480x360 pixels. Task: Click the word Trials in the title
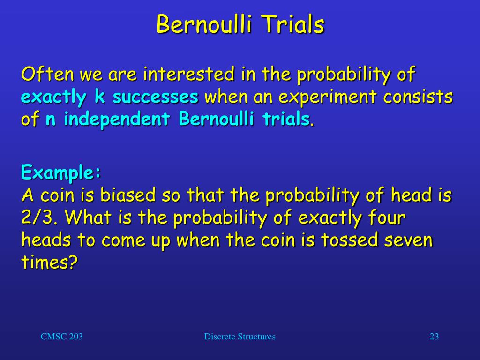[293, 24]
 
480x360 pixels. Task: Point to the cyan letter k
[99, 96]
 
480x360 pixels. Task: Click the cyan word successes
[156, 97]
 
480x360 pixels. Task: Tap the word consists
[418, 96]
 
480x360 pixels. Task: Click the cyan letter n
[51, 120]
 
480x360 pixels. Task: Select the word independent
[117, 120]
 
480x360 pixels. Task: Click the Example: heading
[61, 172]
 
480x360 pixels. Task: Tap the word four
[387, 217]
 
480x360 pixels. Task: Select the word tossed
[349, 240]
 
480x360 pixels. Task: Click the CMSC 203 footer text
[62, 337]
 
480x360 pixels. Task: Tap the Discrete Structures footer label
[240, 337]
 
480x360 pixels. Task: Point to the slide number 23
[434, 337]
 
